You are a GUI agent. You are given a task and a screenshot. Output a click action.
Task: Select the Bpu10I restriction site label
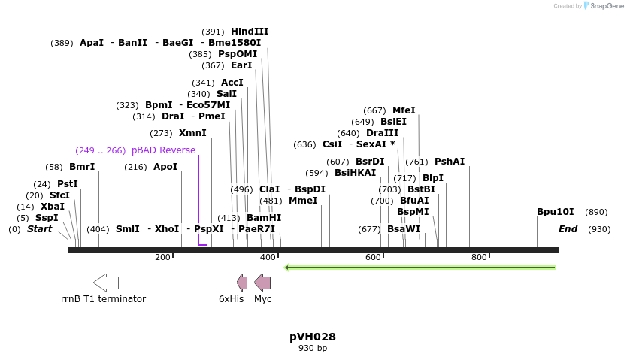click(x=555, y=212)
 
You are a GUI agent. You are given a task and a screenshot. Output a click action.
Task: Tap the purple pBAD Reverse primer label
click(x=163, y=150)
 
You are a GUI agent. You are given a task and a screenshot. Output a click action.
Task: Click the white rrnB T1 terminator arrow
click(x=106, y=283)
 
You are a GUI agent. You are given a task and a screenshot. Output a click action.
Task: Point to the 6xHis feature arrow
click(x=242, y=283)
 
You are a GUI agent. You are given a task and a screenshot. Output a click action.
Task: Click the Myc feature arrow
click(x=262, y=283)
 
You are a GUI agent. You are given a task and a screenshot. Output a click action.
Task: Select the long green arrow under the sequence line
click(x=420, y=268)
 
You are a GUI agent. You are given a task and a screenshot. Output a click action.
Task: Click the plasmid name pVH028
click(x=313, y=337)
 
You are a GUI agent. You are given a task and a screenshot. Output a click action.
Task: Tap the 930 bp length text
click(x=313, y=348)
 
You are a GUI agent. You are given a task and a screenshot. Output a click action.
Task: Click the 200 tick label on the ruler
click(x=162, y=258)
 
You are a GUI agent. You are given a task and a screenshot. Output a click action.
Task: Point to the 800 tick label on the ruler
click(x=479, y=258)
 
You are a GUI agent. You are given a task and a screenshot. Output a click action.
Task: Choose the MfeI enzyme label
click(x=404, y=110)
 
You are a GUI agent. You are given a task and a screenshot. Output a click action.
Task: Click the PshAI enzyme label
click(x=450, y=162)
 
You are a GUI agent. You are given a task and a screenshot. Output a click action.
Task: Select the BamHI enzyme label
click(x=263, y=218)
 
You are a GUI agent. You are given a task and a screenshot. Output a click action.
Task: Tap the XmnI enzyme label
click(x=192, y=133)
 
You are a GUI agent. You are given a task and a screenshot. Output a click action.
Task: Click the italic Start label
click(x=40, y=228)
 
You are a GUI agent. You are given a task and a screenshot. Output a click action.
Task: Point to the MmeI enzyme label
click(x=303, y=201)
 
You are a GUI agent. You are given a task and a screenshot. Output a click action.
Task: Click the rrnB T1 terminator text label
click(x=103, y=299)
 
